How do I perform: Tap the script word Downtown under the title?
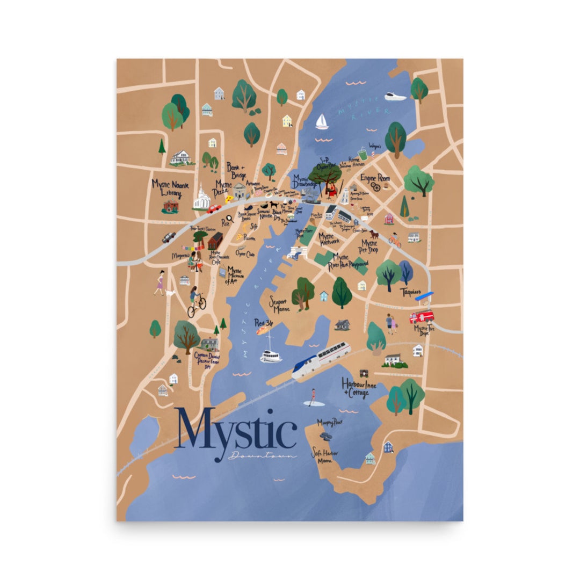pos(263,456)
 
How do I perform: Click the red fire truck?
pos(422,316)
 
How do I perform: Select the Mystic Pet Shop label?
pos(369,246)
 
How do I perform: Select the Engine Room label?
pos(375,178)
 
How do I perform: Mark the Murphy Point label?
pos(330,422)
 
